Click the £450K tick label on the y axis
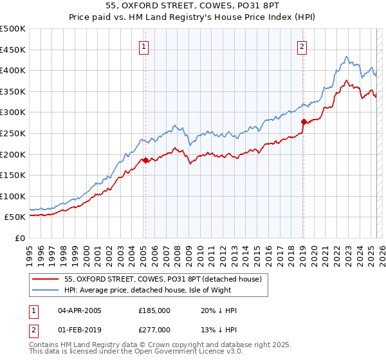tap(12, 50)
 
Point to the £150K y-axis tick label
tap(12, 175)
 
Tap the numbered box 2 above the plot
tap(302, 46)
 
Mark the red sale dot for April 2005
tap(145, 160)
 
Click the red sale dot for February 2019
tap(303, 122)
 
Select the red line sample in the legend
tap(45, 280)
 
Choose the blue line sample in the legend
tap(45, 290)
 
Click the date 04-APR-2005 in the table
tap(80, 310)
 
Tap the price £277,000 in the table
tap(154, 330)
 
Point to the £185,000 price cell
tap(154, 310)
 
